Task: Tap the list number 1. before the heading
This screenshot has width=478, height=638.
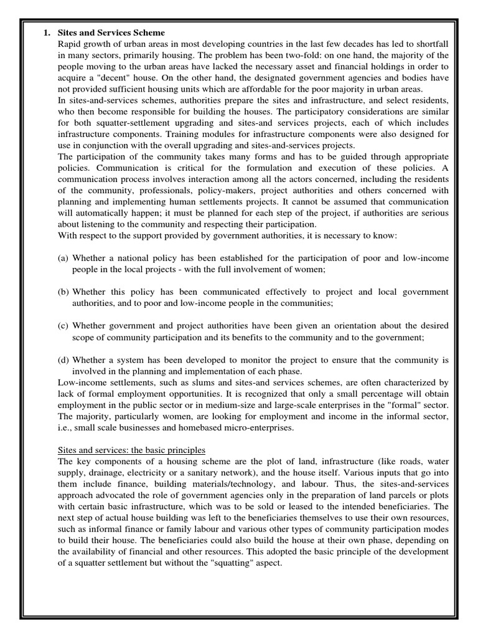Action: coord(47,32)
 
